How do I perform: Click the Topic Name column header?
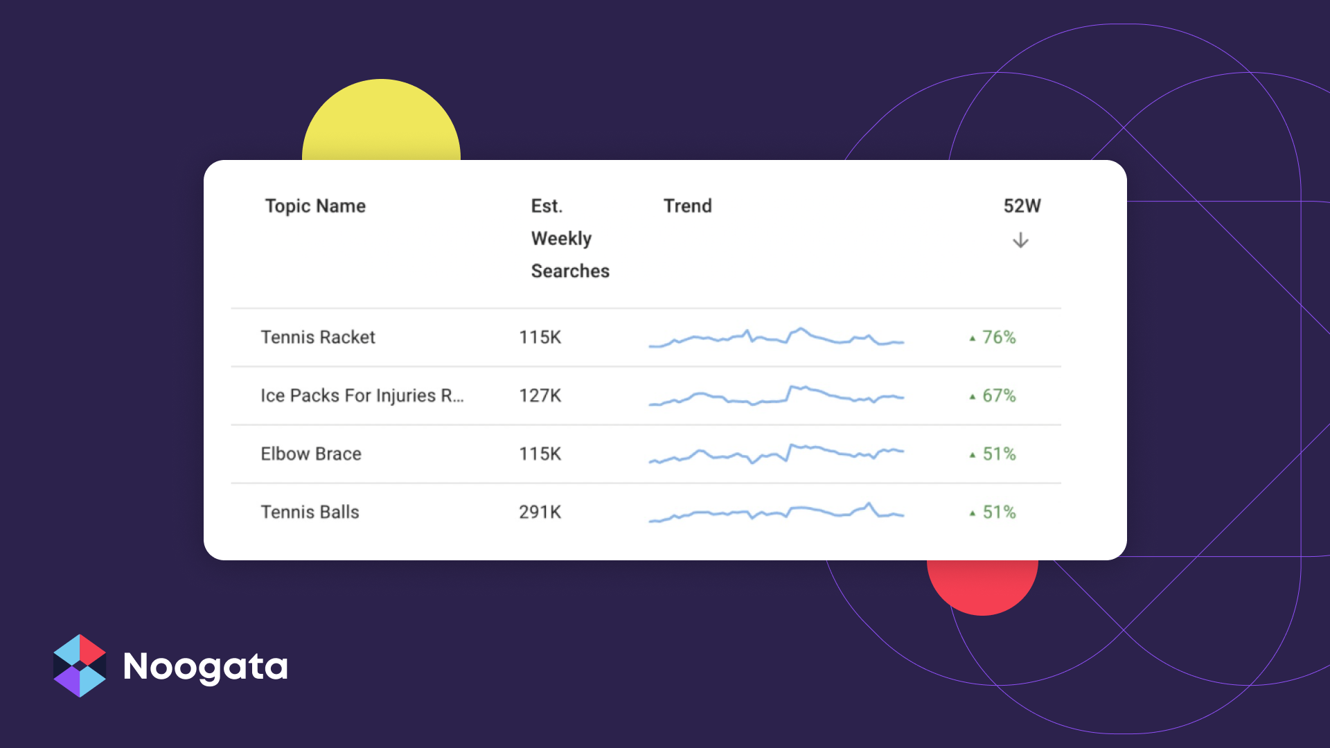point(315,206)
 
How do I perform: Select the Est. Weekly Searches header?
point(570,238)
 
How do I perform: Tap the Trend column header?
point(687,206)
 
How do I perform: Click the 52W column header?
point(1022,206)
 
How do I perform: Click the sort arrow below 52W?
point(1020,240)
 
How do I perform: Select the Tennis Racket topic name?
point(318,337)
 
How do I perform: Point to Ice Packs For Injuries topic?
point(362,395)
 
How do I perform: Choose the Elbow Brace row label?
point(311,454)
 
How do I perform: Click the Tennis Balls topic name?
point(310,512)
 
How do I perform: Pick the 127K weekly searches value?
point(540,395)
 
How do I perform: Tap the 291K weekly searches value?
point(540,512)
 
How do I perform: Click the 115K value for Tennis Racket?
point(540,337)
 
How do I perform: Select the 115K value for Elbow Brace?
point(540,454)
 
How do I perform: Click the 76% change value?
point(993,337)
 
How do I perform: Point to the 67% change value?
point(993,395)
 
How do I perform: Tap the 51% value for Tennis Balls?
point(993,512)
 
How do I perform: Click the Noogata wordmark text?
point(205,667)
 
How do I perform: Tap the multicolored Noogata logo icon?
point(80,666)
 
